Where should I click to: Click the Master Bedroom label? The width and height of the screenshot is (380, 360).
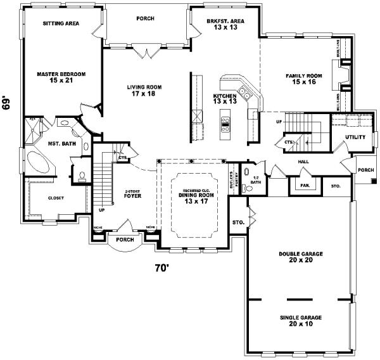point(61,77)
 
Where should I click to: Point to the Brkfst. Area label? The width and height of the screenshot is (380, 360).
point(225,24)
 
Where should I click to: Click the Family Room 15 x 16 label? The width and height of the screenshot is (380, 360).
point(304,79)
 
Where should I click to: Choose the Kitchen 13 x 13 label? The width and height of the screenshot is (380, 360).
point(224,99)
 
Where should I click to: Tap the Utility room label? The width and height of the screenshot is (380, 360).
point(354,137)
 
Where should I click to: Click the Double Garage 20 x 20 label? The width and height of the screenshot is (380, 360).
point(300,257)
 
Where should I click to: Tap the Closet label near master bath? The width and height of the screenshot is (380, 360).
point(56,198)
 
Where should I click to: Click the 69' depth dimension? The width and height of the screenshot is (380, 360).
point(7,103)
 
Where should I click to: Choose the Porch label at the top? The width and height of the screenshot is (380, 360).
point(145,18)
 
